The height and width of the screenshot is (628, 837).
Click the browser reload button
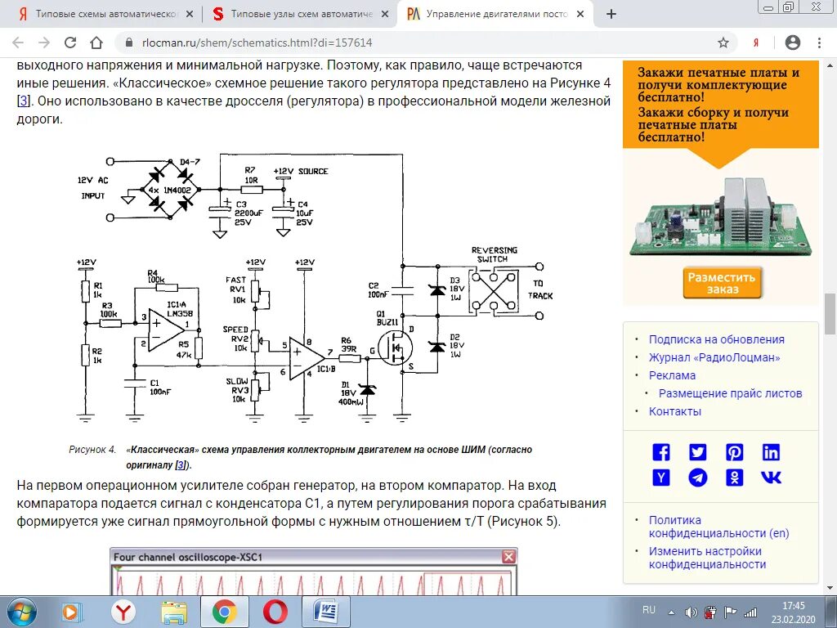70,43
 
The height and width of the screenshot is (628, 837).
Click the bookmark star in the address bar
723,43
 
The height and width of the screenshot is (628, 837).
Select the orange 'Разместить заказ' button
723,283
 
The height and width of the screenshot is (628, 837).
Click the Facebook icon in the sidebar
660,452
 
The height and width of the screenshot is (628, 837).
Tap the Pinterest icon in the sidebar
734,452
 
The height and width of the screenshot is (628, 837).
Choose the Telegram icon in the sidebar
697,478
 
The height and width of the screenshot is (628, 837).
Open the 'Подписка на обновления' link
716,339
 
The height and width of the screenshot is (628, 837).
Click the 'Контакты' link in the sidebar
674,411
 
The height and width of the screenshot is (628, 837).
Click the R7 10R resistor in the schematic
251,188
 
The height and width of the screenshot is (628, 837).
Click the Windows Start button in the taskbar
21,612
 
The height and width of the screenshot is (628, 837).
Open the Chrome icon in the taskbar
225,612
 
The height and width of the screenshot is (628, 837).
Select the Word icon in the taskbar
325,612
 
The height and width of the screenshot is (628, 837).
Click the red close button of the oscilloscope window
509,557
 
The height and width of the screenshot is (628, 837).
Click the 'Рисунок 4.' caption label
92,450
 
